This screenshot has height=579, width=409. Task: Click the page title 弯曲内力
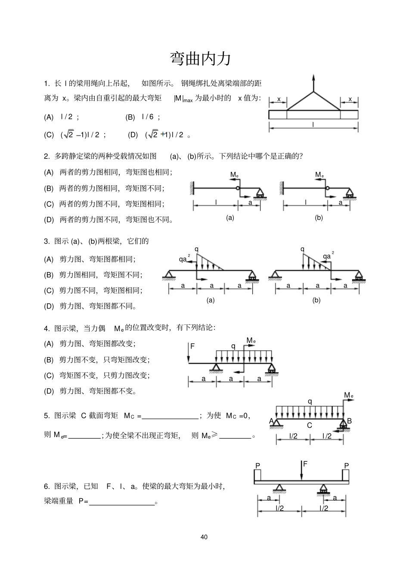click(200, 59)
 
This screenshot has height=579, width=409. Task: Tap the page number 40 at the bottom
click(204, 537)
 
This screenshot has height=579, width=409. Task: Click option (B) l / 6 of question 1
click(143, 117)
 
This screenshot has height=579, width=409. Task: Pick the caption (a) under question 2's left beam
click(230, 218)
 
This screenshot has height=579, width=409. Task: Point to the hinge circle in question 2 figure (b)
click(327, 188)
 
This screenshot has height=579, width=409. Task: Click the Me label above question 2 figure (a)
click(234, 174)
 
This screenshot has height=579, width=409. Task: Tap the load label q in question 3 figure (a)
click(197, 249)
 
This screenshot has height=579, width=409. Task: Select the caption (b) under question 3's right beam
click(316, 300)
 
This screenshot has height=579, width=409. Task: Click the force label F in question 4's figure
click(192, 346)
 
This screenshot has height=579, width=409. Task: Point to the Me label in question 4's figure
click(251, 341)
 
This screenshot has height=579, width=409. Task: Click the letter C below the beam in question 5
click(309, 425)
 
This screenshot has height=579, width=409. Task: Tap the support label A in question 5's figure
click(271, 420)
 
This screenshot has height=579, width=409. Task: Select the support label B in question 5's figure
click(349, 420)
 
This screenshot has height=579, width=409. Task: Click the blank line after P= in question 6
click(121, 502)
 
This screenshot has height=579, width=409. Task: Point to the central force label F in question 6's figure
click(305, 464)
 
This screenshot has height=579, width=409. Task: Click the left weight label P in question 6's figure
click(257, 466)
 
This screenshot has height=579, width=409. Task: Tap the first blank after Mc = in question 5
click(170, 416)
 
